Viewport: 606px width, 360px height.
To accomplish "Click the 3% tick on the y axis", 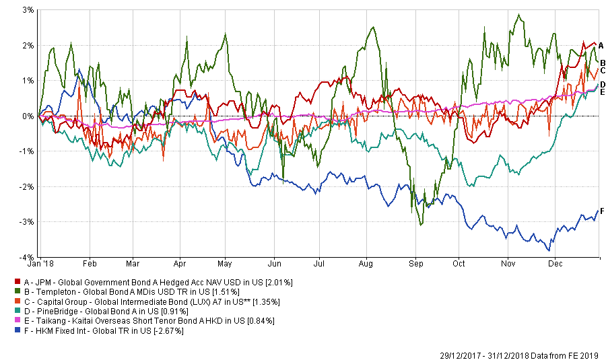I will click(x=29, y=10).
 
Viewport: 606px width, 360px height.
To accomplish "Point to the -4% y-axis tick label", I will click(x=28, y=257).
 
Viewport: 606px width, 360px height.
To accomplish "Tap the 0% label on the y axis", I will click(x=29, y=116).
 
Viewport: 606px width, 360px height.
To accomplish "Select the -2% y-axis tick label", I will click(x=28, y=186).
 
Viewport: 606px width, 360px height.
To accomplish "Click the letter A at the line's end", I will click(x=601, y=45).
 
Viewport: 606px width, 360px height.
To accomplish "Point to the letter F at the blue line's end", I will click(x=601, y=211).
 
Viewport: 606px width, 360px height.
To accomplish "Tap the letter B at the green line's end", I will click(x=603, y=63).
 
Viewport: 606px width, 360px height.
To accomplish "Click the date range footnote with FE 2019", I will click(x=523, y=355).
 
